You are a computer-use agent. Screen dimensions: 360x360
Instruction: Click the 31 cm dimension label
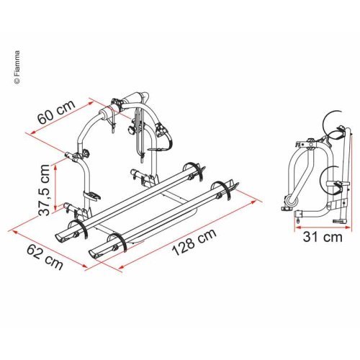[x=322, y=237]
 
